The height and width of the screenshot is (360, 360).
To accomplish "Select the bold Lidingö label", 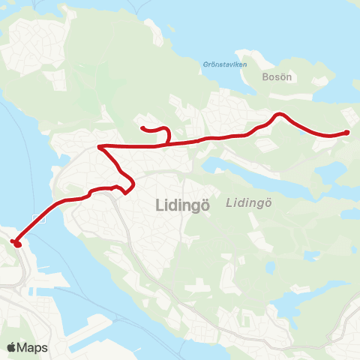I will [x=182, y=204].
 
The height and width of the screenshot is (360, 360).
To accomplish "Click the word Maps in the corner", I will [x=33, y=347].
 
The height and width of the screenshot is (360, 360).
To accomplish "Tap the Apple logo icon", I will [x=11, y=347].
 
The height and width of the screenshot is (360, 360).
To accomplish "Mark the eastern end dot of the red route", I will [x=346, y=133].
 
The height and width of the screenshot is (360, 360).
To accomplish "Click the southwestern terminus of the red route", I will [x=16, y=243].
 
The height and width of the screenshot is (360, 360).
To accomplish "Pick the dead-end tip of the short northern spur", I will [x=142, y=128].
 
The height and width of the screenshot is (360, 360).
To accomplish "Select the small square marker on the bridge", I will [x=44, y=220].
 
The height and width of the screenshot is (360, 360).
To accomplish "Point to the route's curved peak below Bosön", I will [x=280, y=114].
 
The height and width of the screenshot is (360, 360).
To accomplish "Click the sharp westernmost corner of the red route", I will [x=100, y=147].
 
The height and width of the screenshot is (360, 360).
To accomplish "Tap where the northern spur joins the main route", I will [x=168, y=145].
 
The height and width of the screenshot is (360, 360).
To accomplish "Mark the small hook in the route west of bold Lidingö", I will [x=118, y=187].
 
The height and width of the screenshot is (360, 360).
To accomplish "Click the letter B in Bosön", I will [x=265, y=76].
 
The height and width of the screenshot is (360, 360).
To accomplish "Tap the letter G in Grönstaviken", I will [x=205, y=64].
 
